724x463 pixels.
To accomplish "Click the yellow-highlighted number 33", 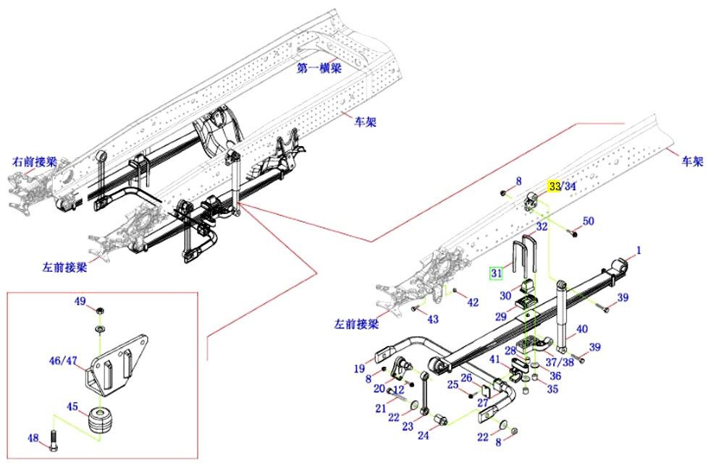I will (554, 186).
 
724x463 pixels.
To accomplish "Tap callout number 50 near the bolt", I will (588, 221).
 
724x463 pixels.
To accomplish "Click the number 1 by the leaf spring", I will (639, 251).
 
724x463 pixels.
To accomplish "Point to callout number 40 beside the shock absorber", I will (581, 330).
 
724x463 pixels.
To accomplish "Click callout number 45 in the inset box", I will (72, 406).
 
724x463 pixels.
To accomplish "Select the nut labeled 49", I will (100, 310).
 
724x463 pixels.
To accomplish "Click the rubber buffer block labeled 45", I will (101, 423).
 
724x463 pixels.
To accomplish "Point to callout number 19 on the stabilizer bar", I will (359, 369).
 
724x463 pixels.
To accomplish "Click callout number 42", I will (472, 302).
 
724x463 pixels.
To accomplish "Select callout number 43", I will (433, 319).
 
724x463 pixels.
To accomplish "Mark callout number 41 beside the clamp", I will (494, 360).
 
